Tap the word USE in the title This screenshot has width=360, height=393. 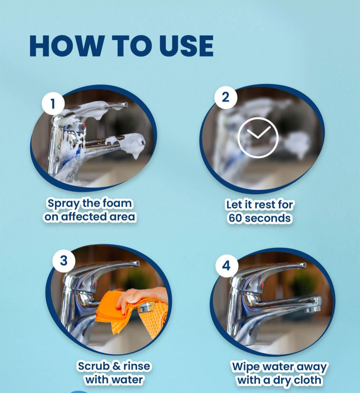coord(186,46)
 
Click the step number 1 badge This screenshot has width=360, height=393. coord(53,104)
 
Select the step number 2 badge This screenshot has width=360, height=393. coord(225,97)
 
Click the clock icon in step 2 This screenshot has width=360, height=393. coord(258,137)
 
